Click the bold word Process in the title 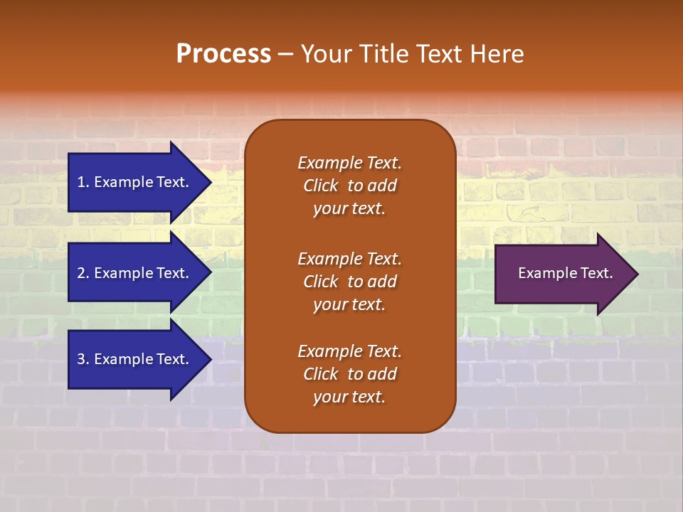click(223, 54)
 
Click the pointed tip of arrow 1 click(209, 182)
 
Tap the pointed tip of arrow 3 click(209, 359)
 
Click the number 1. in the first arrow click(83, 182)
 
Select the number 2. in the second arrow click(83, 273)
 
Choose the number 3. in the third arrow click(83, 359)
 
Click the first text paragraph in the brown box click(349, 186)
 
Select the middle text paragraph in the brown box click(349, 282)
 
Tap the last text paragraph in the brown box click(349, 374)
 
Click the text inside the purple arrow click(565, 273)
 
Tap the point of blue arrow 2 click(209, 273)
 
